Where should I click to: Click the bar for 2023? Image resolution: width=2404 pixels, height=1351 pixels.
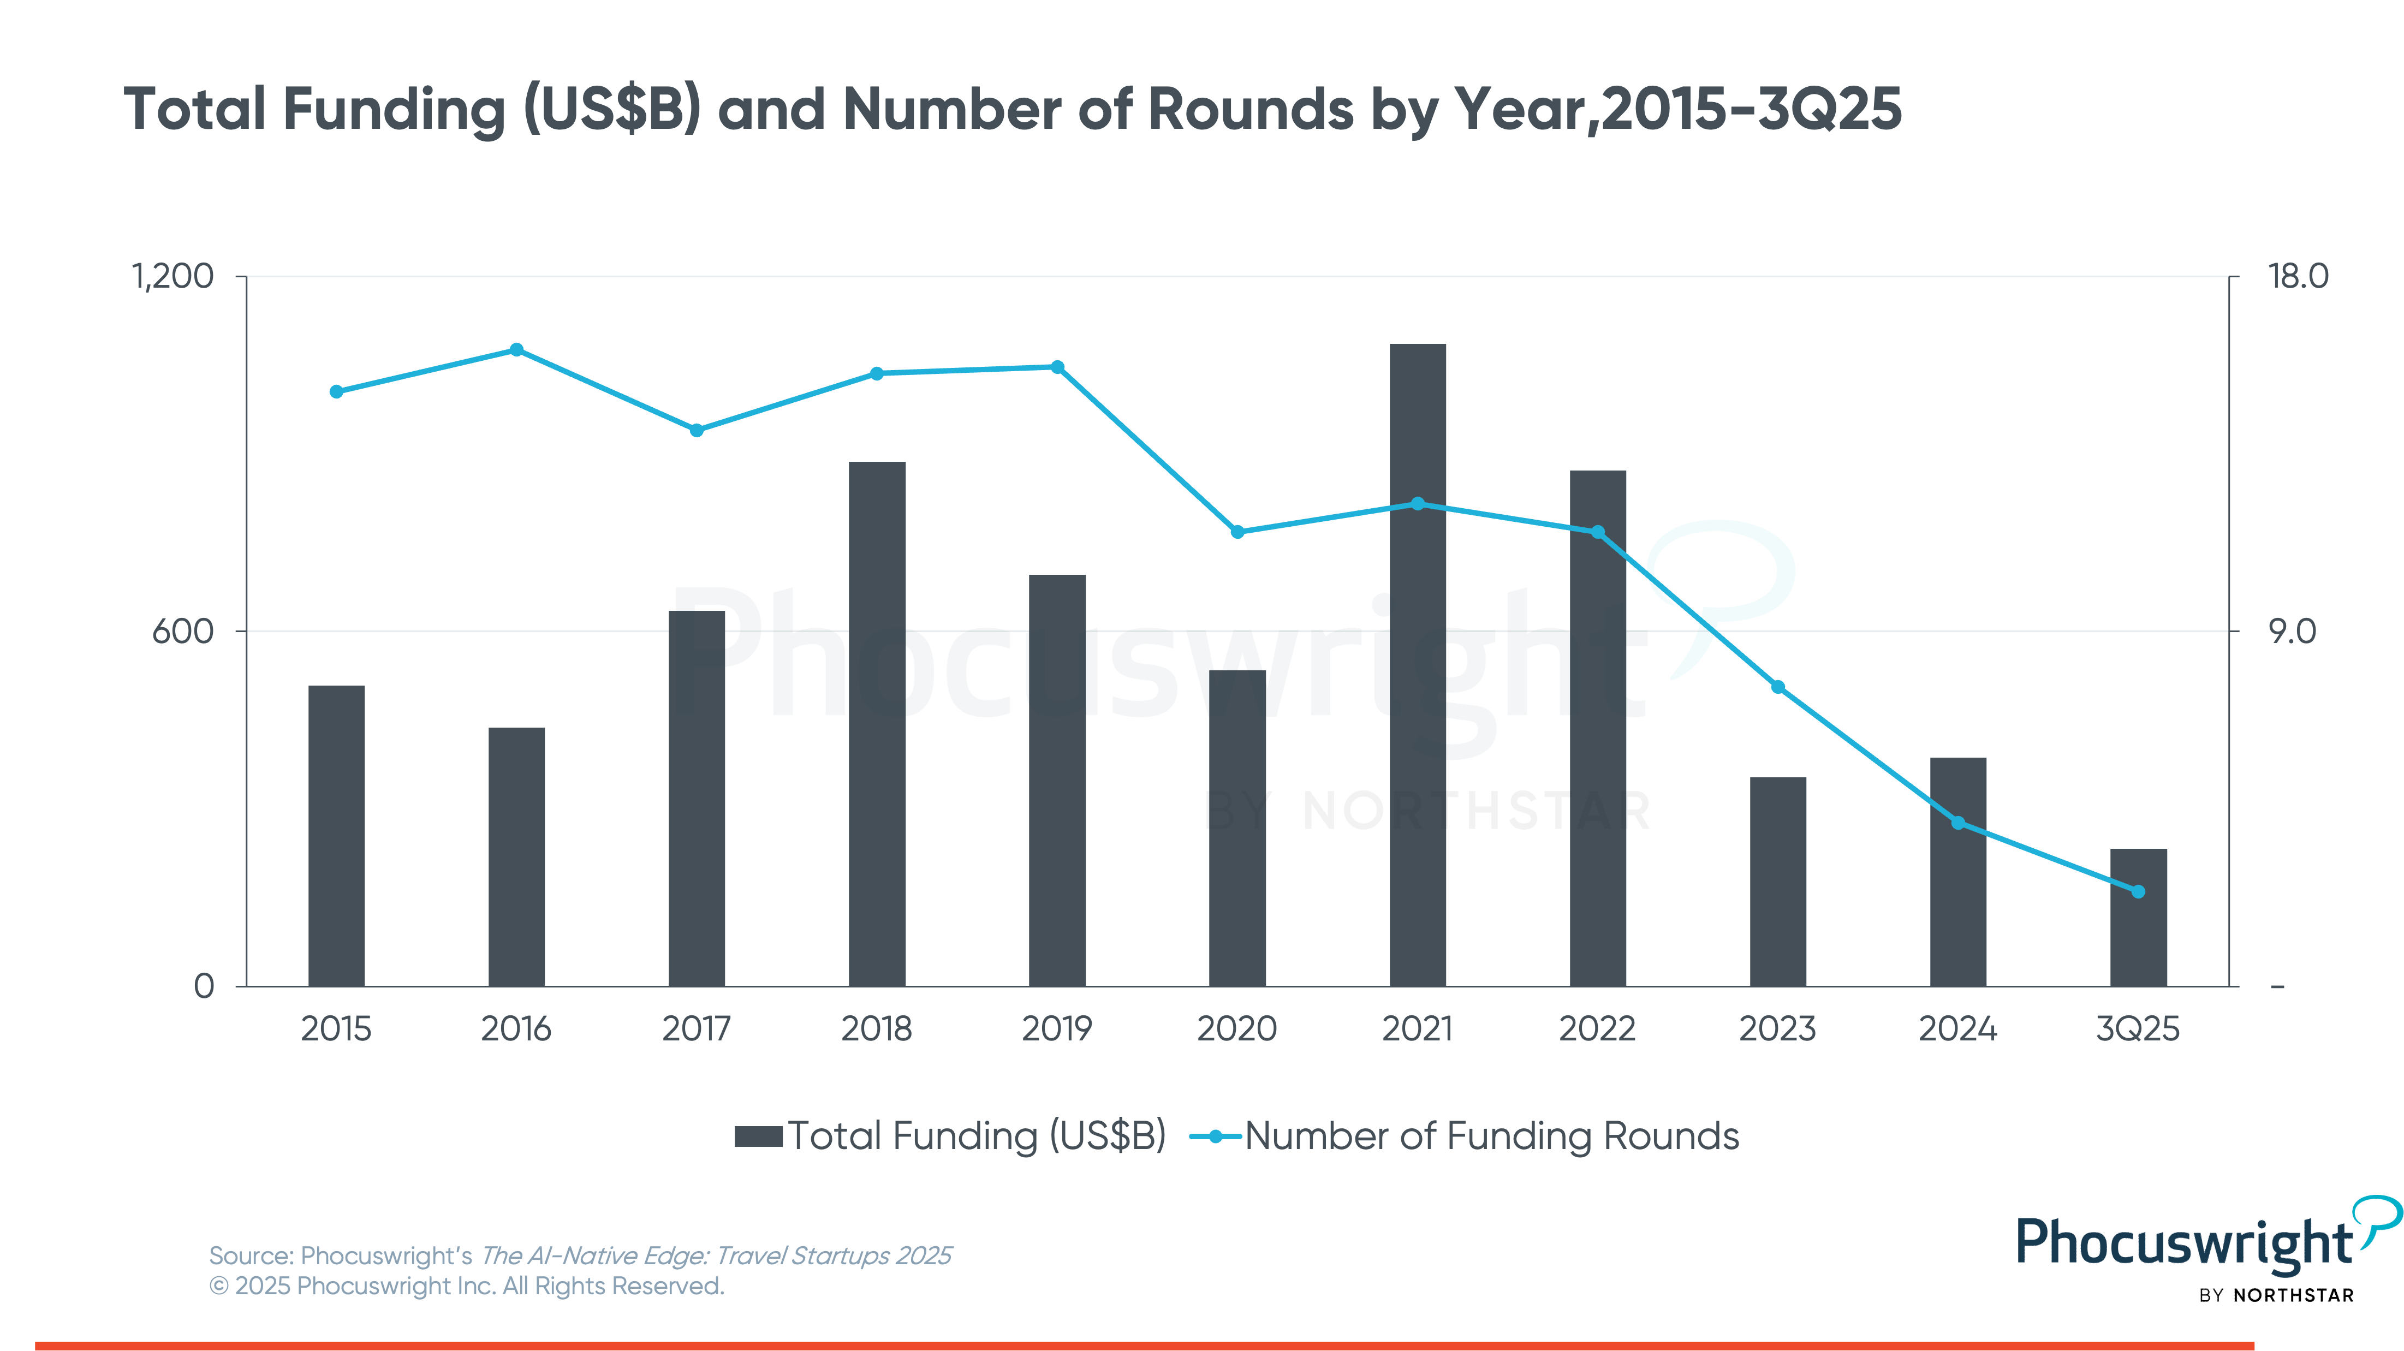coord(1778,881)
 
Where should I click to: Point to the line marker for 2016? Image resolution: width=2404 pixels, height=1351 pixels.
coord(516,350)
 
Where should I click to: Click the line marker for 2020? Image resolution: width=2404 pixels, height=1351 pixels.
coord(1237,532)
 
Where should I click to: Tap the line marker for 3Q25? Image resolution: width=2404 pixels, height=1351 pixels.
coord(2138,891)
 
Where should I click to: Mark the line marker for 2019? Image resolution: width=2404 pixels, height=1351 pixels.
coord(1057,367)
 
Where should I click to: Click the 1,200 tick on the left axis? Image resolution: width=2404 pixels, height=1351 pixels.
coord(172,276)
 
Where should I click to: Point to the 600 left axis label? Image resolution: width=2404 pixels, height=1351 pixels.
coord(183,632)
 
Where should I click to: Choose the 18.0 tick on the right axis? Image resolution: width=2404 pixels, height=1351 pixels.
coord(2298,276)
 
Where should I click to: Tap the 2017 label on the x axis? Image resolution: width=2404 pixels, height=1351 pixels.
coord(696,1029)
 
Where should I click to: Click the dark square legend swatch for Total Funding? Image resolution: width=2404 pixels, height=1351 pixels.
coord(758,1136)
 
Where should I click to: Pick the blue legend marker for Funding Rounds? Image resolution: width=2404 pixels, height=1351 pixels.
coord(1215,1136)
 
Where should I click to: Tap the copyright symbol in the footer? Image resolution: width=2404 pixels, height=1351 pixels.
coord(218,1287)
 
